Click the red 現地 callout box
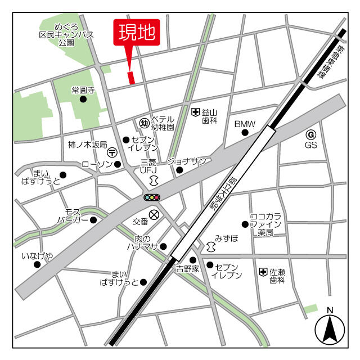click(x=137, y=33)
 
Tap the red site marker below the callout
click(x=132, y=78)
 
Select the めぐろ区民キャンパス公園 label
click(x=66, y=34)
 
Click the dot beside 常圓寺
click(x=83, y=100)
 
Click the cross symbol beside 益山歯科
click(x=195, y=112)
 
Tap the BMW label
click(x=245, y=124)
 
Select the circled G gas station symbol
click(x=311, y=134)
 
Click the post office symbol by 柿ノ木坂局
click(x=112, y=152)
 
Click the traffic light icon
click(x=152, y=197)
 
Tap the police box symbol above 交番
click(x=154, y=214)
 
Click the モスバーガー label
click(x=73, y=215)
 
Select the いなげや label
click(x=38, y=256)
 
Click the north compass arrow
click(x=330, y=329)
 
